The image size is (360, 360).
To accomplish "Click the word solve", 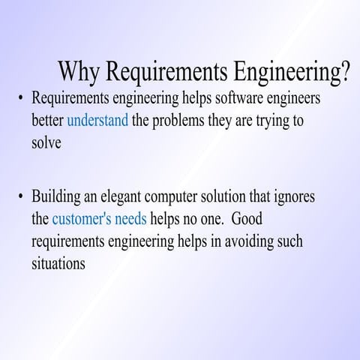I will (x=46, y=143).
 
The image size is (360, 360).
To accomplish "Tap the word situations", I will (x=58, y=264).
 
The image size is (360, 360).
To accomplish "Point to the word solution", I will (x=239, y=197).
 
